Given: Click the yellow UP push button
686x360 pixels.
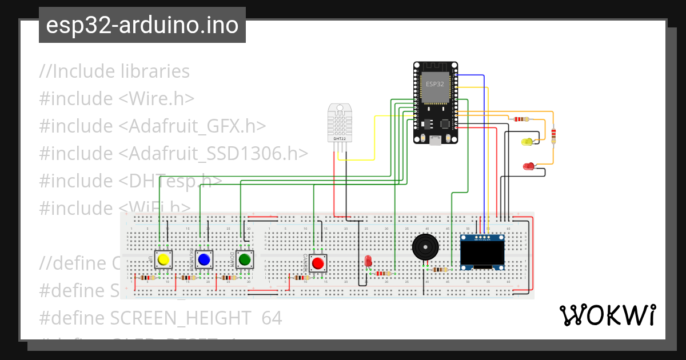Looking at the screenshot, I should pyautogui.click(x=163, y=259).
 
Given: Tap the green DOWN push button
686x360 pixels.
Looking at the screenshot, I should pyautogui.click(x=245, y=259).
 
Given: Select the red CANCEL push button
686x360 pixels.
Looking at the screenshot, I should pyautogui.click(x=318, y=263).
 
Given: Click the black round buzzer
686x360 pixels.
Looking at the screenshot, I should pyautogui.click(x=424, y=247).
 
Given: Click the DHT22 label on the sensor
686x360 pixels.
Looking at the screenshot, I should pyautogui.click(x=340, y=138).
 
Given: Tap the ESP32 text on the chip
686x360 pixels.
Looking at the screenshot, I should pyautogui.click(x=434, y=84).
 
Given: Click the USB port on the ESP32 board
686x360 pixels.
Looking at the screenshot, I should pyautogui.click(x=436, y=140).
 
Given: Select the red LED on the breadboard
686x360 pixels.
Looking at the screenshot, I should pyautogui.click(x=368, y=262).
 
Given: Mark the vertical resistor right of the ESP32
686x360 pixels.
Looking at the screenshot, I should pyautogui.click(x=553, y=135).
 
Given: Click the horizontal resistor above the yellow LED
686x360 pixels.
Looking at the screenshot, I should pyautogui.click(x=521, y=119).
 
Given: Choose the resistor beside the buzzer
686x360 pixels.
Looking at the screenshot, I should pyautogui.click(x=440, y=270).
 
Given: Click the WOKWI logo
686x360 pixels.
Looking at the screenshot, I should pyautogui.click(x=607, y=315).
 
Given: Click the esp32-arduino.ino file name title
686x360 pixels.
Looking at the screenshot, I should pyautogui.click(x=142, y=26).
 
